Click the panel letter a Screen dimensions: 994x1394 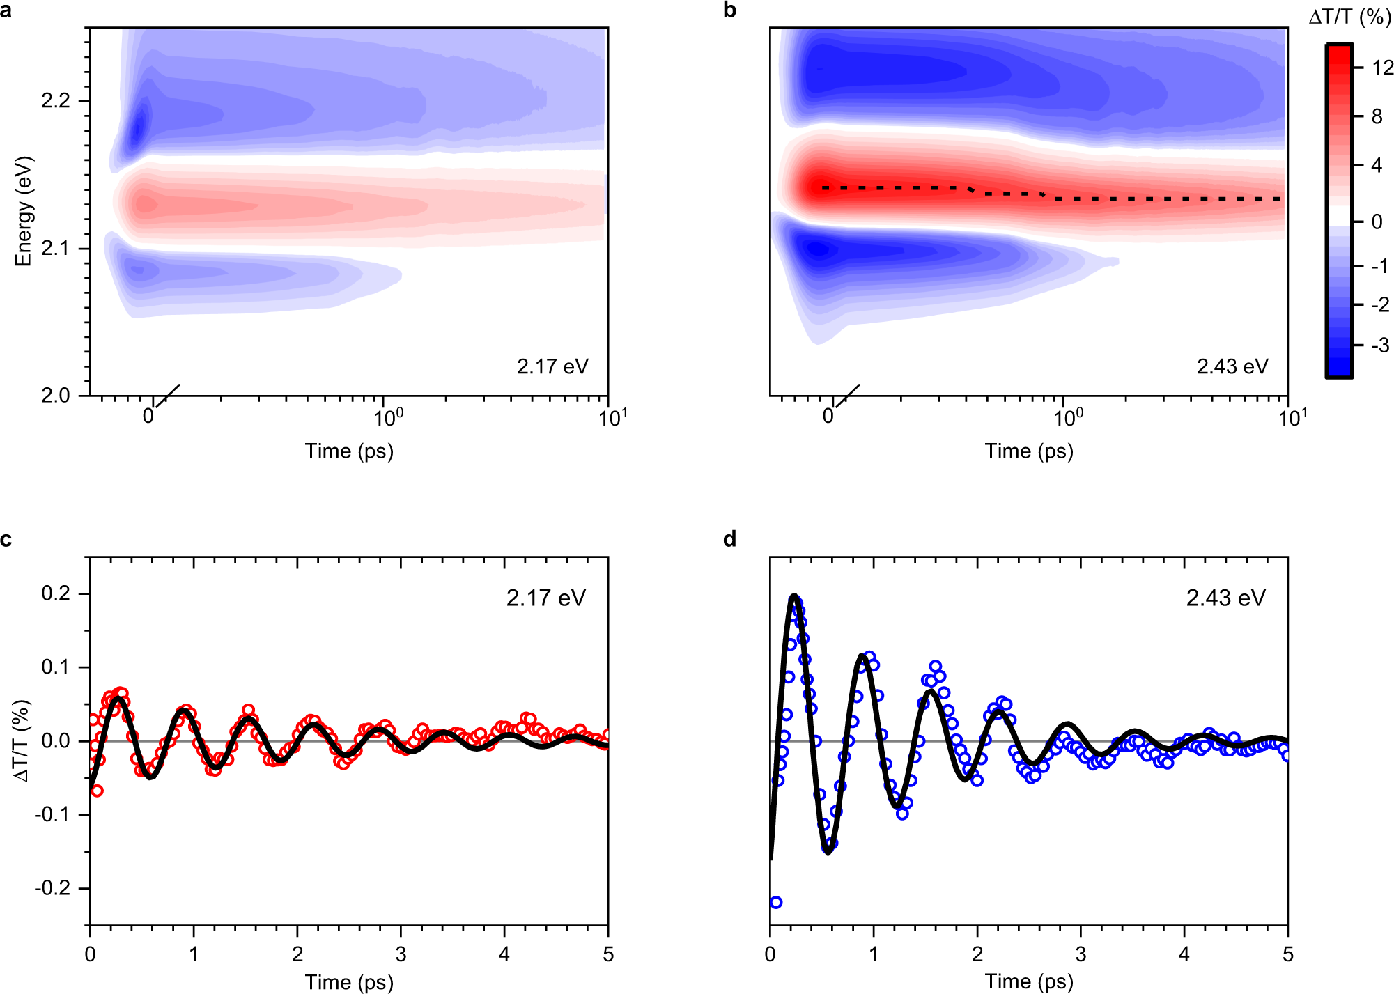click(x=6, y=10)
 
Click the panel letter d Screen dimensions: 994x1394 click(x=729, y=539)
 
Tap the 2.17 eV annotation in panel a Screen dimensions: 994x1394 click(x=552, y=366)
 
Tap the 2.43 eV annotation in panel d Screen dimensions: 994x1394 click(x=1225, y=598)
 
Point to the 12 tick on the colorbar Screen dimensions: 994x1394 click(x=1382, y=68)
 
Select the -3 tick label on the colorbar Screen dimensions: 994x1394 click(x=1379, y=345)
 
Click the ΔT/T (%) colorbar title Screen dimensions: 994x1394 click(x=1349, y=17)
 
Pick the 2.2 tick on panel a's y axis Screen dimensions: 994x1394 click(x=56, y=101)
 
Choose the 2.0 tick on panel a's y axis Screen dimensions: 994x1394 click(x=56, y=395)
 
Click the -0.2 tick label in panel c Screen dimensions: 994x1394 click(x=53, y=888)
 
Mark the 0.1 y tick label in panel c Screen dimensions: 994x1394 click(x=56, y=667)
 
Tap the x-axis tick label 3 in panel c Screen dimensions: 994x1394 click(x=401, y=954)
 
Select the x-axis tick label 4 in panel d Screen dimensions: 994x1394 click(x=1184, y=954)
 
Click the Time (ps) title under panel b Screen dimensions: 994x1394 click(x=1028, y=451)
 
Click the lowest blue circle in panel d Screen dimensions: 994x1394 click(x=776, y=902)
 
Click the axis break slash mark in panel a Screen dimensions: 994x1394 click(x=167, y=396)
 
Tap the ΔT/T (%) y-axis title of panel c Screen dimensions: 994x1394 click(x=23, y=740)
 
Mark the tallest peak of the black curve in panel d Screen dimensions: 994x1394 click(x=793, y=596)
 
